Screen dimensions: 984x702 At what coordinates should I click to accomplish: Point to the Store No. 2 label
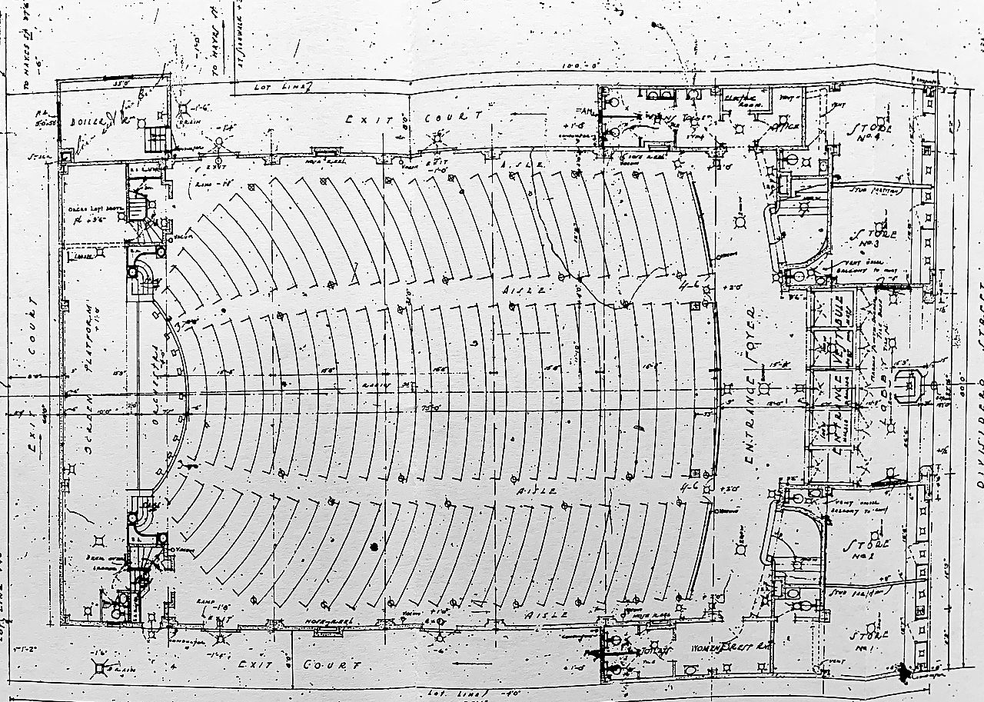pos(866,547)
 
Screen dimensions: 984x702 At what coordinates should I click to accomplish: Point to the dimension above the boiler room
pos(119,84)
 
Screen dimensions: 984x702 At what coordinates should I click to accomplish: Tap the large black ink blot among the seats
pos(374,547)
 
